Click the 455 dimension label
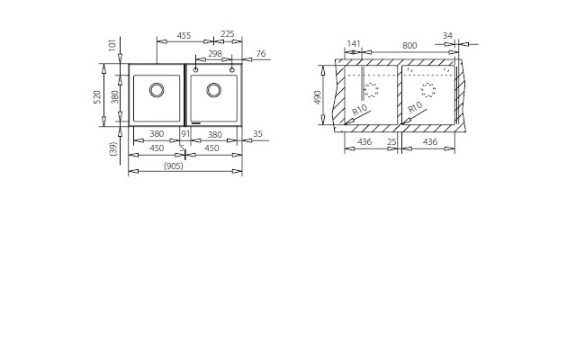(x=184, y=35)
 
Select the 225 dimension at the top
(x=227, y=34)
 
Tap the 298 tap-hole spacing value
(x=215, y=54)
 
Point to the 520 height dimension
(x=97, y=97)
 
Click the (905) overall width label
(x=174, y=166)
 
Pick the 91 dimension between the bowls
(x=185, y=133)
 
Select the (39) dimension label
(x=113, y=148)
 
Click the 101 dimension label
(x=112, y=45)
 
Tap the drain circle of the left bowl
(x=157, y=90)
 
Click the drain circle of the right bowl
(x=214, y=90)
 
